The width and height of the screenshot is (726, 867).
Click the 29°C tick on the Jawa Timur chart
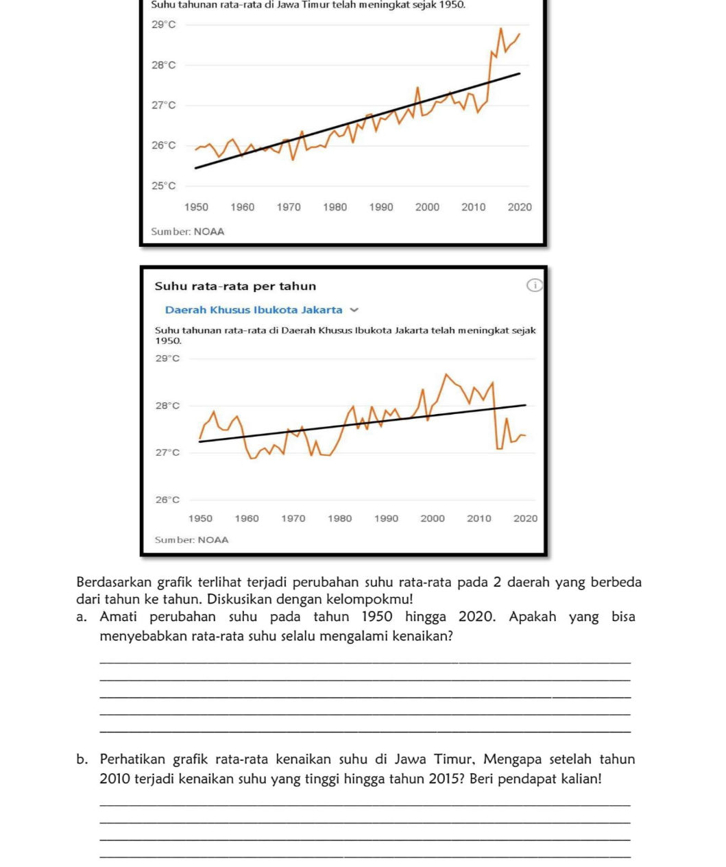tap(164, 25)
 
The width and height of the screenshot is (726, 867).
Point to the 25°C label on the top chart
tap(164, 186)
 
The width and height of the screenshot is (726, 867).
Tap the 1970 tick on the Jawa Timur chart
tap(289, 207)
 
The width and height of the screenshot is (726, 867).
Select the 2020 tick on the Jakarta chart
tap(525, 519)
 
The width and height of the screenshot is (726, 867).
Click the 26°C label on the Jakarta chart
tap(167, 500)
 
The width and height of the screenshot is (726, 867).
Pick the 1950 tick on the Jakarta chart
tap(200, 519)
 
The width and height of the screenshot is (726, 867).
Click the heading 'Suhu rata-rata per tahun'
tap(235, 286)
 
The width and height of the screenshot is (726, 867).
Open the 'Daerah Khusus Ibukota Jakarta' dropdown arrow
tap(354, 310)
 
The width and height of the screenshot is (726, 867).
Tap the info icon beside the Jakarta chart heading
tap(534, 286)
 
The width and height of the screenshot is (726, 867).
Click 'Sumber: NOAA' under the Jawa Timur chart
tap(188, 232)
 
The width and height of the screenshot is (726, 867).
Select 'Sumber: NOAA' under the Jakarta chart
tap(192, 540)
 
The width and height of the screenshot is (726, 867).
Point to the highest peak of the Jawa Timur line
tap(500, 29)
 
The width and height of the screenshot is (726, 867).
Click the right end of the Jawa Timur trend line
tap(520, 73)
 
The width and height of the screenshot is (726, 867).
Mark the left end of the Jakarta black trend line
tap(200, 441)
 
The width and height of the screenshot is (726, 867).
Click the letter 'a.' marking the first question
tap(82, 617)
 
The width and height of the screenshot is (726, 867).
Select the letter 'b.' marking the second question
tap(82, 759)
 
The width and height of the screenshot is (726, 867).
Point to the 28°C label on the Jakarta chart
tap(167, 406)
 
